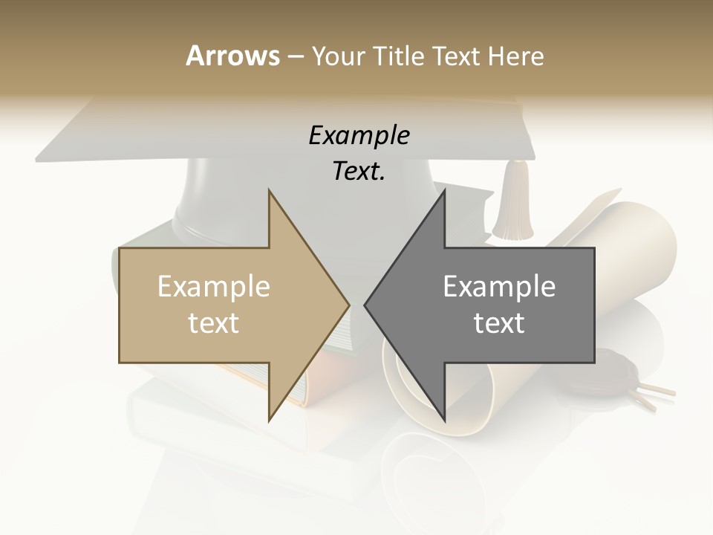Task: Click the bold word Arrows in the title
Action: [232, 56]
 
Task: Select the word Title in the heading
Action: [400, 56]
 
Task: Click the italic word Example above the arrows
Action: [359, 135]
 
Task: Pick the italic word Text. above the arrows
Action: [359, 171]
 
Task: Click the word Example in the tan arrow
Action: [214, 286]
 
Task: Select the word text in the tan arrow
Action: [214, 322]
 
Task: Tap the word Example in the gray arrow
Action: [499, 286]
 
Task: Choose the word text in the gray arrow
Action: [499, 322]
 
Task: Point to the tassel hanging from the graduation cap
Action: [512, 201]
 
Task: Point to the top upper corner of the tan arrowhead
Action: [269, 190]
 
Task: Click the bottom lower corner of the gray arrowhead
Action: [444, 421]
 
